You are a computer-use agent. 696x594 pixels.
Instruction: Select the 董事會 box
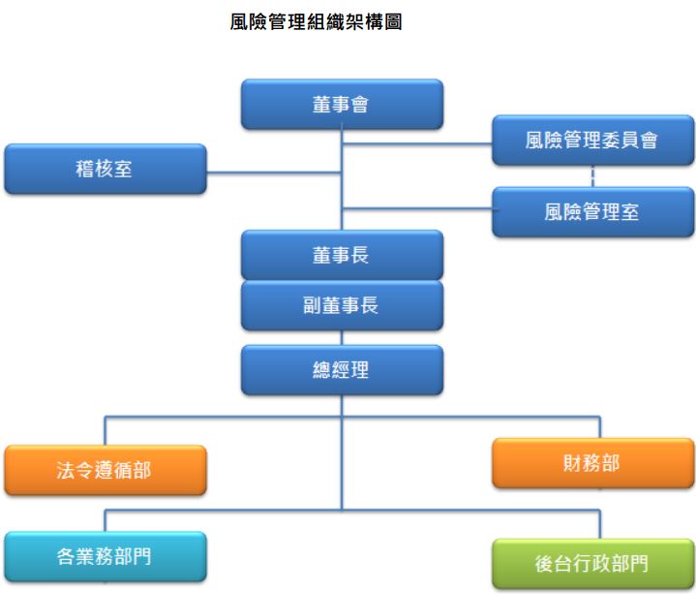click(342, 105)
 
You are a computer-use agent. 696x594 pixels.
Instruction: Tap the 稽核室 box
click(106, 169)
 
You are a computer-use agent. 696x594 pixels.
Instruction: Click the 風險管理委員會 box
click(592, 141)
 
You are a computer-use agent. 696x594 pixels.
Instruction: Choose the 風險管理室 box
click(592, 212)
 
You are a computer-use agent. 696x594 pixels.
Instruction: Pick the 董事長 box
click(342, 255)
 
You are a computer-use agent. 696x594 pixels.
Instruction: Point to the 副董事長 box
click(342, 305)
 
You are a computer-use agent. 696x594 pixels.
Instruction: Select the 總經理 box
click(342, 369)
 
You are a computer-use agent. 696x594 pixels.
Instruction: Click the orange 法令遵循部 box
click(106, 470)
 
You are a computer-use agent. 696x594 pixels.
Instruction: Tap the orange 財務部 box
click(592, 462)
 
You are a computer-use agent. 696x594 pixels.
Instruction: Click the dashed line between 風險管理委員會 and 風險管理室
click(592, 176)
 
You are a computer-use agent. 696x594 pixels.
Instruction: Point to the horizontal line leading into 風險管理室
click(416, 205)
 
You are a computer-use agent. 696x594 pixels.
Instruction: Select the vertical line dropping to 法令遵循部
click(106, 431)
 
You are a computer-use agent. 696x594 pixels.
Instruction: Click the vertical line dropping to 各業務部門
click(106, 519)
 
